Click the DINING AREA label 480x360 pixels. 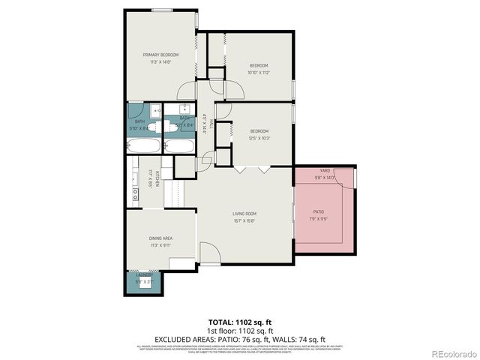coord(160,238)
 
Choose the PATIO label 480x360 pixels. coord(319,211)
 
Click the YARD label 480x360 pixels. coord(325,170)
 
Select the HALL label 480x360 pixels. coord(212,124)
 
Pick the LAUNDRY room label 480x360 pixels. coord(142,277)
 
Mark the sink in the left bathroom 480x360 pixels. coord(153,109)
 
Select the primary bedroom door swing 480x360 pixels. coord(184,91)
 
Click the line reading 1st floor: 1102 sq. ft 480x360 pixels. coord(240,330)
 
